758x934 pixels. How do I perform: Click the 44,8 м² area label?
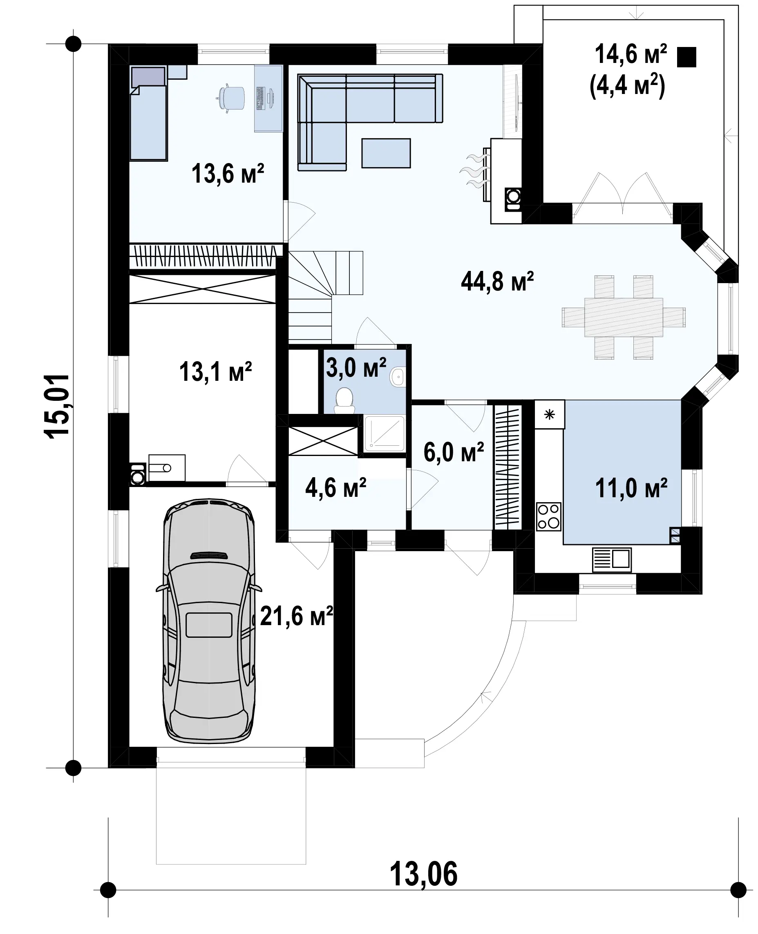tap(497, 282)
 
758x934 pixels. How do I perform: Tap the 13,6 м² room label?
tap(228, 173)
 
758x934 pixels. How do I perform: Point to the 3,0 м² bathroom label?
tap(356, 368)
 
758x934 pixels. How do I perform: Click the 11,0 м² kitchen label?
tap(631, 488)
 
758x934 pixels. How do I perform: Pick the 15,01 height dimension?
tap(57, 406)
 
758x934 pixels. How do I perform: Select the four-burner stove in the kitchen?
tap(548, 516)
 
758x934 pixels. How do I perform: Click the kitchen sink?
tap(612, 560)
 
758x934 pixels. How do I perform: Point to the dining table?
tap(624, 317)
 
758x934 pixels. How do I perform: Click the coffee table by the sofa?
tap(386, 153)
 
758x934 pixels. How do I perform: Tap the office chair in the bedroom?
tap(230, 99)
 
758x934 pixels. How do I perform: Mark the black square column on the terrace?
tap(686, 57)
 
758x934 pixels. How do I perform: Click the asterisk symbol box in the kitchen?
tap(550, 414)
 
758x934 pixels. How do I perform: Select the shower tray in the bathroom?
tap(384, 433)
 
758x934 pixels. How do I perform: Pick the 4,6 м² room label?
tap(335, 488)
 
